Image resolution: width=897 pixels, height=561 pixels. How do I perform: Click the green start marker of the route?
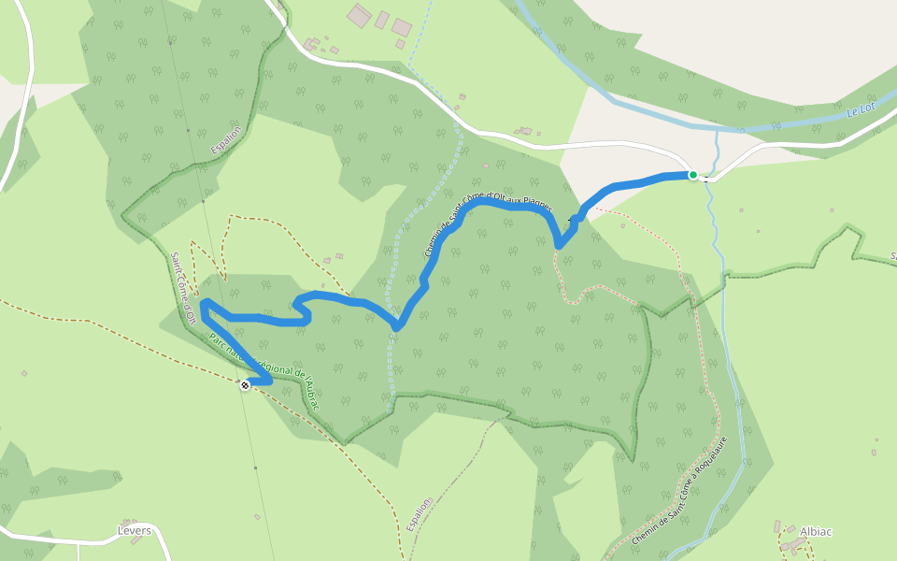[x=693, y=175]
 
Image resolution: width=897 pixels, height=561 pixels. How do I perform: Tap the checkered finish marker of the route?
[x=245, y=384]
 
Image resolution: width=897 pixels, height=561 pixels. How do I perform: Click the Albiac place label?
[x=816, y=531]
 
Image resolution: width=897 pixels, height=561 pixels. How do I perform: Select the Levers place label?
[x=135, y=529]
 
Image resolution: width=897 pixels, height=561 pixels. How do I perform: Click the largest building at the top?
[x=359, y=15]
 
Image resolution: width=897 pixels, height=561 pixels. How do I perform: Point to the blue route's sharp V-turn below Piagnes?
[x=559, y=245]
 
